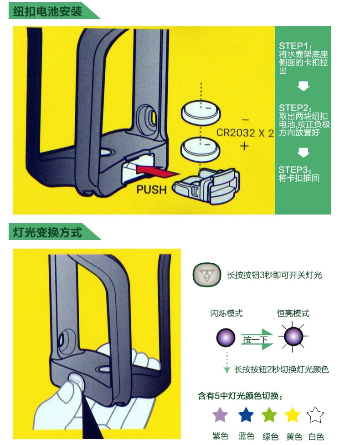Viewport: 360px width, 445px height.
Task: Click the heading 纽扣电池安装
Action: [x=47, y=11]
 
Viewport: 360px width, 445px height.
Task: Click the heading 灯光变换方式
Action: [x=47, y=233]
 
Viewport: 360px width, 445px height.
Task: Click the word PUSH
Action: [x=152, y=189]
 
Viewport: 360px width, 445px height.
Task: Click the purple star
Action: [x=220, y=415]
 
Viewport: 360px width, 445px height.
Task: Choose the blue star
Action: [x=246, y=415]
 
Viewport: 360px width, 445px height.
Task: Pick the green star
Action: [x=269, y=415]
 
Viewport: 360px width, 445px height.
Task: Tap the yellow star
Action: [x=293, y=415]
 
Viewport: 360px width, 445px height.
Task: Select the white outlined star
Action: [x=315, y=415]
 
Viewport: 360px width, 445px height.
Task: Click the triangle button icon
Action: [x=206, y=275]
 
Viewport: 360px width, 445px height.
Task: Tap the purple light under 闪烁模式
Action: [x=226, y=338]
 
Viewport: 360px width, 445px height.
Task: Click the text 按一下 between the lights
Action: [x=255, y=339]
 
